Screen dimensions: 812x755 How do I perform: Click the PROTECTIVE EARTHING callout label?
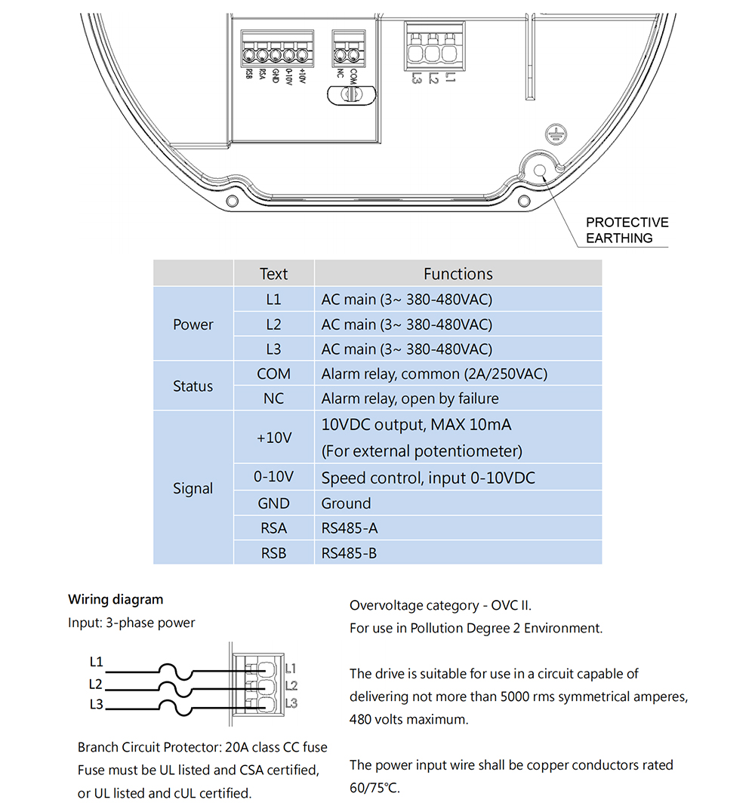pyautogui.click(x=627, y=230)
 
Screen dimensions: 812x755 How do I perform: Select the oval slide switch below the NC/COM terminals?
pyautogui.click(x=349, y=94)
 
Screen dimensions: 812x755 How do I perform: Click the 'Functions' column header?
pyautogui.click(x=458, y=274)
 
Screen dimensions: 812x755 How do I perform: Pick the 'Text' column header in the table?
pyautogui.click(x=274, y=274)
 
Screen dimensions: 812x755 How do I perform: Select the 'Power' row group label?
pyautogui.click(x=193, y=324)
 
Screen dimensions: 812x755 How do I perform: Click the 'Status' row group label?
pyautogui.click(x=193, y=386)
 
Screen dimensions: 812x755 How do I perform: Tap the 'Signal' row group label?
pyautogui.click(x=193, y=488)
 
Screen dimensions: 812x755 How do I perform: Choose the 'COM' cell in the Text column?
pyautogui.click(x=274, y=374)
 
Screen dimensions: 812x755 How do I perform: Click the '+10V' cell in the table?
pyautogui.click(x=274, y=438)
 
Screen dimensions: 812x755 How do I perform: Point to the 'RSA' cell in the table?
pyautogui.click(x=274, y=528)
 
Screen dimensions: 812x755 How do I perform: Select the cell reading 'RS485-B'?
pyautogui.click(x=349, y=553)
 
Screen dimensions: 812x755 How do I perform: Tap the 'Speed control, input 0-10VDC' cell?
pyautogui.click(x=429, y=478)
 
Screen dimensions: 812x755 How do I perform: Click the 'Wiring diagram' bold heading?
pyautogui.click(x=116, y=600)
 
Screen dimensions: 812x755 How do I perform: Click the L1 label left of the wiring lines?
pyautogui.click(x=96, y=662)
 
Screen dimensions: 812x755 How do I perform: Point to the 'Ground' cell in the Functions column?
pyautogui.click(x=347, y=503)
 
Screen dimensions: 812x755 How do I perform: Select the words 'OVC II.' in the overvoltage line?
pyautogui.click(x=516, y=605)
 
